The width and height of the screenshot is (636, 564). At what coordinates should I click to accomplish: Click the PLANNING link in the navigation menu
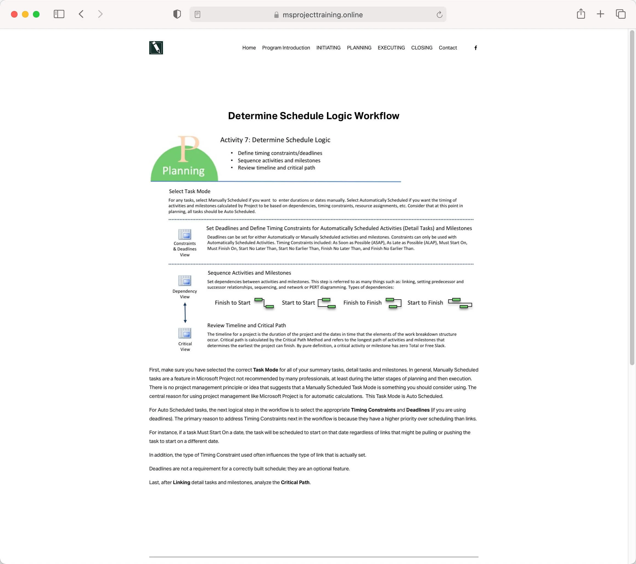pyautogui.click(x=359, y=48)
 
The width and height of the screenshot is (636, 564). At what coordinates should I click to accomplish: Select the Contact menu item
pyautogui.click(x=448, y=48)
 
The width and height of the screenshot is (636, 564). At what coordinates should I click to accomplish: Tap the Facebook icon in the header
pyautogui.click(x=475, y=48)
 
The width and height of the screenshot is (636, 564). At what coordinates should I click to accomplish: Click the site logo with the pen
pyautogui.click(x=156, y=48)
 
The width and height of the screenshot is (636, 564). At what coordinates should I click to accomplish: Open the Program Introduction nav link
pyautogui.click(x=286, y=48)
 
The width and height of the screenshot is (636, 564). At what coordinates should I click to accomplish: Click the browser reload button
pyautogui.click(x=439, y=15)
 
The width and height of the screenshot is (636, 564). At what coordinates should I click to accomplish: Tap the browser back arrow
pyautogui.click(x=81, y=14)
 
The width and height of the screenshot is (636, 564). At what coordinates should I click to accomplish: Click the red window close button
pyautogui.click(x=14, y=14)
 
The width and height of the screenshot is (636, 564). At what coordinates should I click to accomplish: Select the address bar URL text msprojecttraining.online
pyautogui.click(x=322, y=15)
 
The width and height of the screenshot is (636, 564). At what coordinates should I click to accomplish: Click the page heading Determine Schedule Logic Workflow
pyautogui.click(x=313, y=116)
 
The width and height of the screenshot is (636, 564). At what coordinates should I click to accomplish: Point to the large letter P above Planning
pyautogui.click(x=188, y=149)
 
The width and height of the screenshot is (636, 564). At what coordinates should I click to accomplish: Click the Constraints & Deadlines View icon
pyautogui.click(x=184, y=234)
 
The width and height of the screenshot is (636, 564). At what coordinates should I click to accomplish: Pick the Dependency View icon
pyautogui.click(x=184, y=281)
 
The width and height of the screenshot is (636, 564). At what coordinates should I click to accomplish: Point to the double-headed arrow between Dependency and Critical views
pyautogui.click(x=185, y=312)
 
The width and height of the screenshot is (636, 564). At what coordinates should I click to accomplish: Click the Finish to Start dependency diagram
pyautogui.click(x=264, y=303)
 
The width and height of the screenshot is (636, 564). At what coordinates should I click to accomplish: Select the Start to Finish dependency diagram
pyautogui.click(x=460, y=303)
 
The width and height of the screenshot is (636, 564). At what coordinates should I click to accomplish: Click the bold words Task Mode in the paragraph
pyautogui.click(x=265, y=370)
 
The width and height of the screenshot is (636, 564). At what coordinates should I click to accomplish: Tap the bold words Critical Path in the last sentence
pyautogui.click(x=295, y=482)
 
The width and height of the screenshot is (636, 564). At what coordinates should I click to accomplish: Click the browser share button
pyautogui.click(x=581, y=14)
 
